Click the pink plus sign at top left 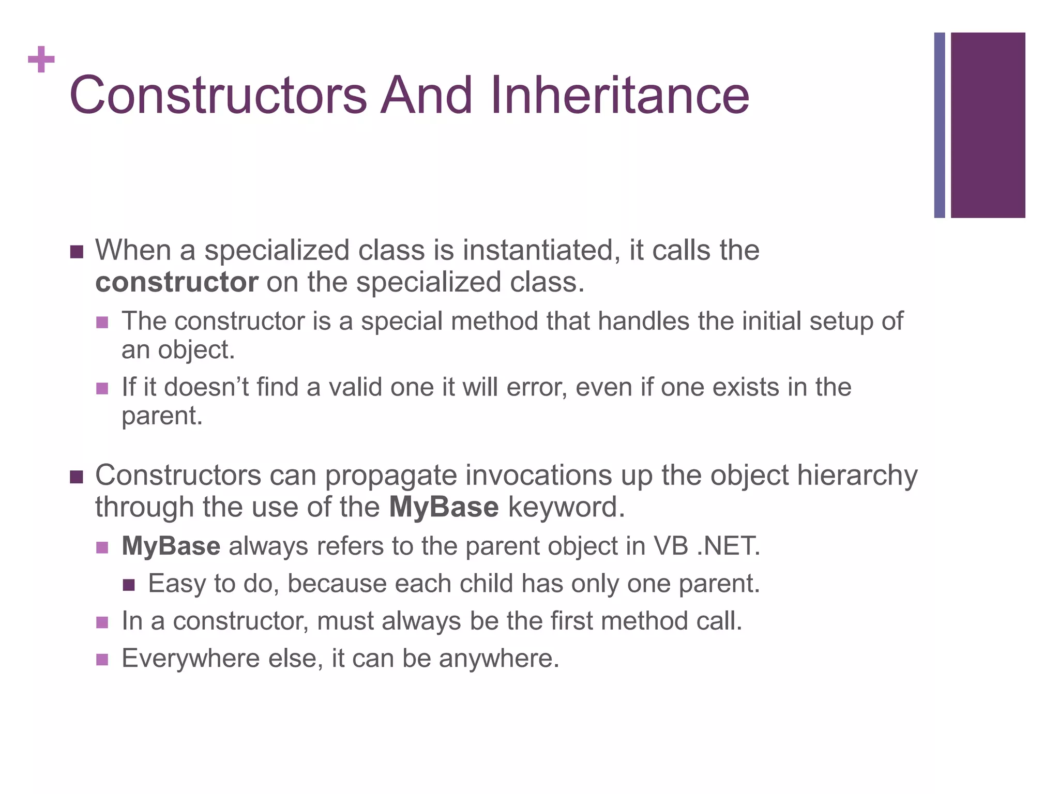tap(41, 60)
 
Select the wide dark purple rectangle tap(988, 125)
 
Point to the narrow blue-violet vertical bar tap(939, 125)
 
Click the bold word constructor tap(176, 282)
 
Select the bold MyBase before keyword tap(444, 507)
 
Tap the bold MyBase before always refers tap(171, 546)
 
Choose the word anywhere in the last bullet tap(498, 659)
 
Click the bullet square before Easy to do tap(129, 585)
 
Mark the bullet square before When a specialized tap(76, 252)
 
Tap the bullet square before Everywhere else tap(102, 660)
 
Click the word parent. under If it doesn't tap(162, 416)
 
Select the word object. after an tap(196, 350)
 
